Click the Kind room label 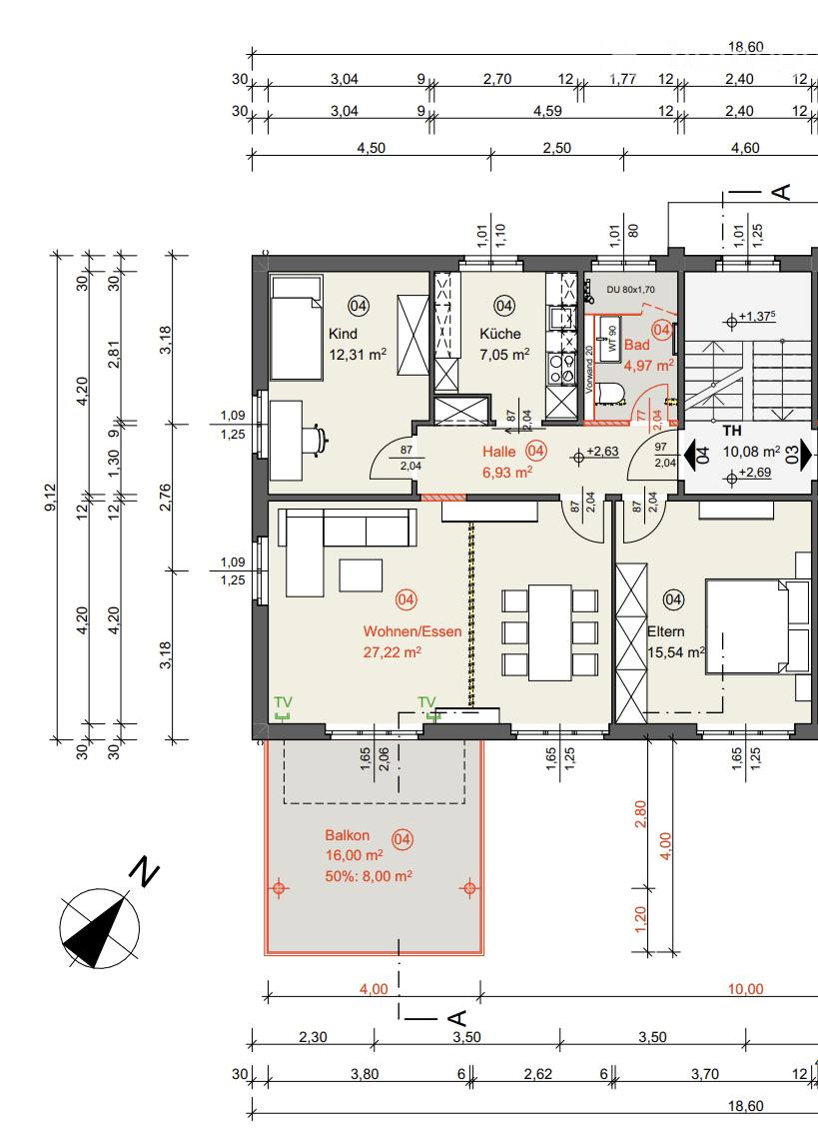pyautogui.click(x=343, y=334)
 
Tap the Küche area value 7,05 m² pyautogui.click(x=504, y=354)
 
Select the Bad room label pyautogui.click(x=636, y=345)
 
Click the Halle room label pyautogui.click(x=499, y=452)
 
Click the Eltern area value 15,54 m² pyautogui.click(x=676, y=652)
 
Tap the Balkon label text pyautogui.click(x=347, y=835)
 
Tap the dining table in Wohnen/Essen pyautogui.click(x=549, y=631)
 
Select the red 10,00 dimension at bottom pyautogui.click(x=744, y=989)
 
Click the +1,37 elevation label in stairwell pyautogui.click(x=758, y=318)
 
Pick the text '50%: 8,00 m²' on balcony pyautogui.click(x=369, y=875)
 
